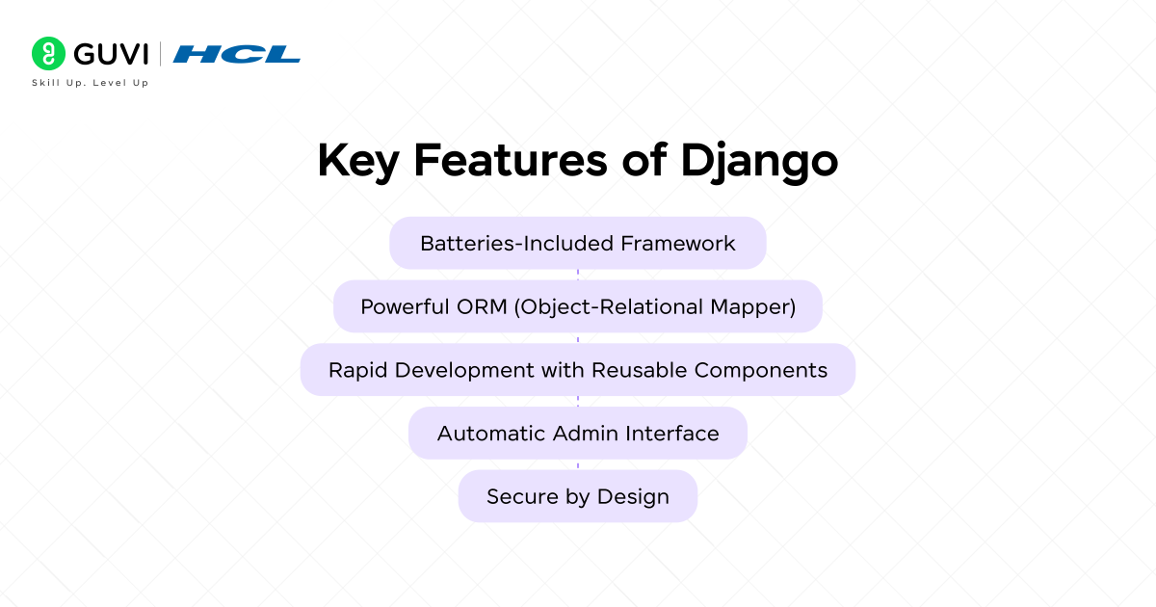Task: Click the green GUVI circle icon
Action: pyautogui.click(x=48, y=53)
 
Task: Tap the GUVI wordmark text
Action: pyautogui.click(x=111, y=54)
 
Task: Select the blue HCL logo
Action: pyautogui.click(x=237, y=54)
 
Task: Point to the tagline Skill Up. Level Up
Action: pyautogui.click(x=91, y=83)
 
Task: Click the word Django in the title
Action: pyautogui.click(x=759, y=162)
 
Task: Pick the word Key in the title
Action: pyautogui.click(x=358, y=162)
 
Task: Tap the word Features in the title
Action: pyautogui.click(x=511, y=161)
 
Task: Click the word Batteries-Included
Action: pyautogui.click(x=517, y=243)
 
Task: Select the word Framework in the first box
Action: pyautogui.click(x=678, y=243)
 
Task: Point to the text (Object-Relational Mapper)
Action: pyautogui.click(x=655, y=307)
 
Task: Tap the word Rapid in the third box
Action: pyautogui.click(x=358, y=371)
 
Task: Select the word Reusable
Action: pyautogui.click(x=639, y=370)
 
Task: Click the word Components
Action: pyautogui.click(x=761, y=371)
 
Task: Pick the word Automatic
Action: pyautogui.click(x=491, y=434)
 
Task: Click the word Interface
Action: pyautogui.click(x=672, y=434)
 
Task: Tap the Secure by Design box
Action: pyautogui.click(x=578, y=496)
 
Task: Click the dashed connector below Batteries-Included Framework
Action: pyautogui.click(x=578, y=275)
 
